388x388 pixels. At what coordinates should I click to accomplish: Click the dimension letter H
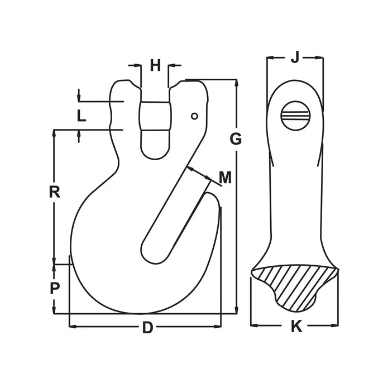(155, 66)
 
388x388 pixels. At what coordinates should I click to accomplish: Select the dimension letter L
(82, 116)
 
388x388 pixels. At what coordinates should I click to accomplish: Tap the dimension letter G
(236, 139)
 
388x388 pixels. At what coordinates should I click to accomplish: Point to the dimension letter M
(225, 178)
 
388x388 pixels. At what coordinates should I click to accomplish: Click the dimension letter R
(54, 192)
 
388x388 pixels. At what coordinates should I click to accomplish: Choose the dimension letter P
(55, 289)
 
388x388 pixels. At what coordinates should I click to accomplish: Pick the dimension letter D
(147, 328)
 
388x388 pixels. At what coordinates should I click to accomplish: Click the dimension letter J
(295, 56)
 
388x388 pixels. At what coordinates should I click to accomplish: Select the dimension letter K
(296, 327)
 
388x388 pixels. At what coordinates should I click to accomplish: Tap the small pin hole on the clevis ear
(194, 116)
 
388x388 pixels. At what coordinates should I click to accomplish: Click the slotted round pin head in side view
(295, 116)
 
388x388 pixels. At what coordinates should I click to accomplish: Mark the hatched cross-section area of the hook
(293, 285)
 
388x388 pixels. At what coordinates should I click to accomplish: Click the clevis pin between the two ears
(154, 116)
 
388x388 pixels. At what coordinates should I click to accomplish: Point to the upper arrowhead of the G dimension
(237, 83)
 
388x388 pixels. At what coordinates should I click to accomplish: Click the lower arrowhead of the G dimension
(237, 310)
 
